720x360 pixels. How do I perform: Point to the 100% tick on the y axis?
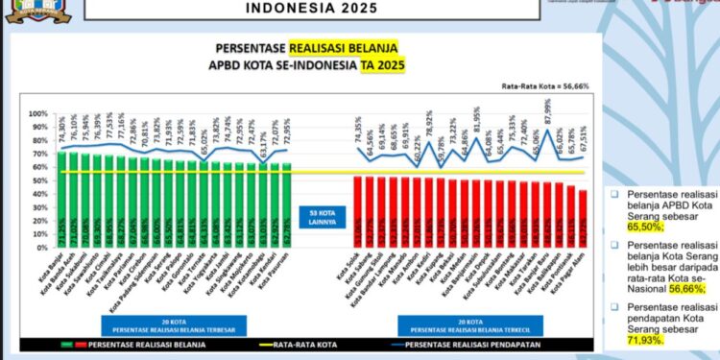(39, 113)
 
